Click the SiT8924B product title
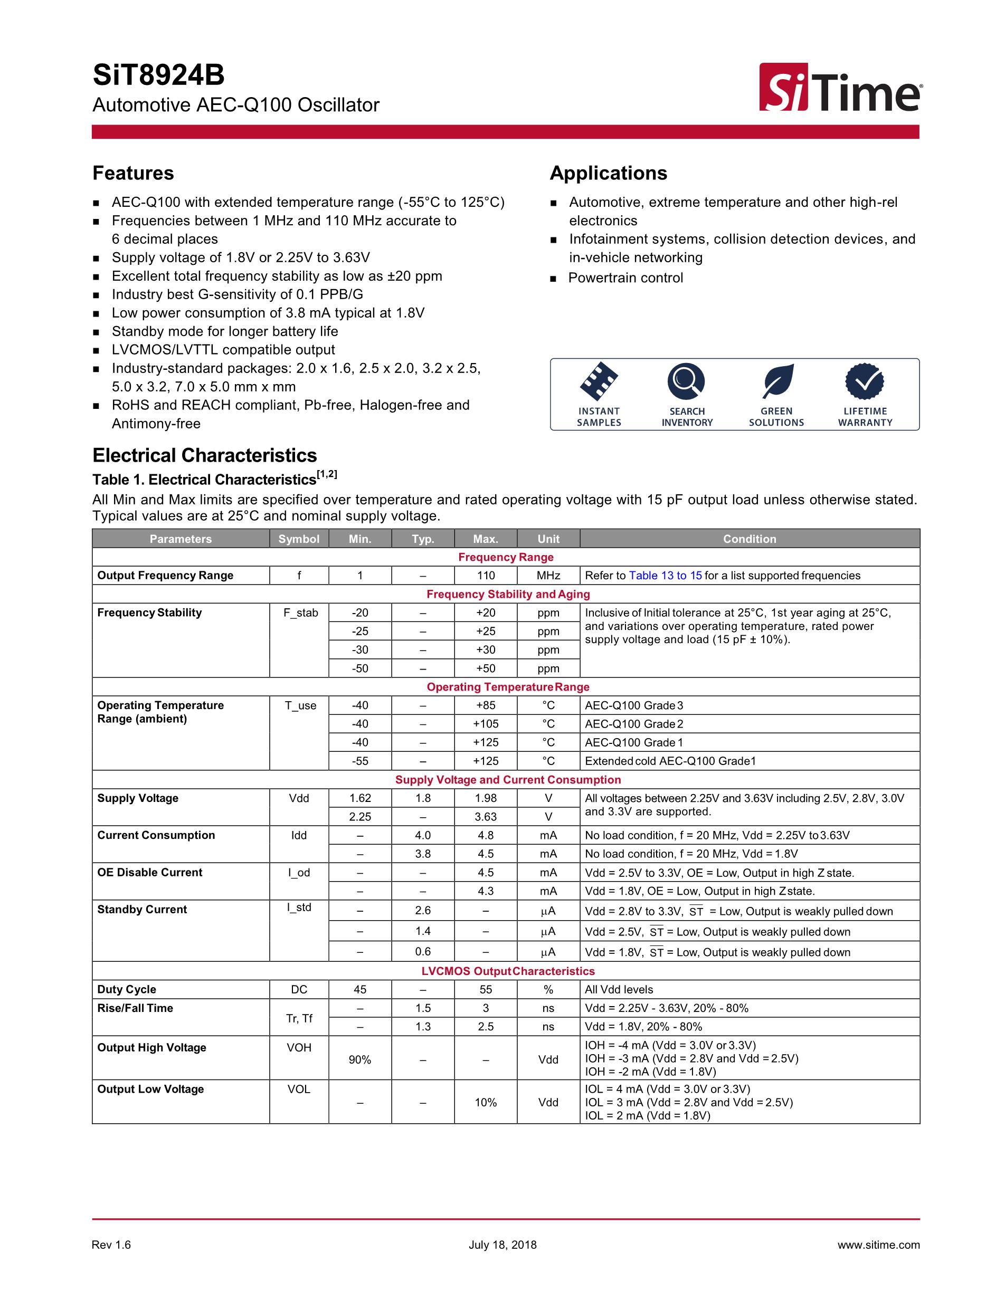(x=158, y=75)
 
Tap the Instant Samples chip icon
(x=599, y=381)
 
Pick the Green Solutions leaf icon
(x=776, y=381)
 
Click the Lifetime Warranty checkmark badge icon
(x=865, y=381)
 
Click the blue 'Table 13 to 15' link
(x=665, y=576)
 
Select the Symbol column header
(x=299, y=539)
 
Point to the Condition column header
(x=749, y=539)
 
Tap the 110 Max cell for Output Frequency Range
(x=486, y=576)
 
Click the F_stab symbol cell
(x=301, y=613)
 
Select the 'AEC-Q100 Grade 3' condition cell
(x=634, y=705)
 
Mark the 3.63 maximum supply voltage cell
(x=486, y=817)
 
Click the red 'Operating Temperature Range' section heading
(x=508, y=687)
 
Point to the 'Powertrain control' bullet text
(x=625, y=278)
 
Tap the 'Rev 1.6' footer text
(x=111, y=1245)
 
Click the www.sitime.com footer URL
(x=878, y=1245)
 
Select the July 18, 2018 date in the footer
(x=502, y=1245)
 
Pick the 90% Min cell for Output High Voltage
(x=360, y=1059)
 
